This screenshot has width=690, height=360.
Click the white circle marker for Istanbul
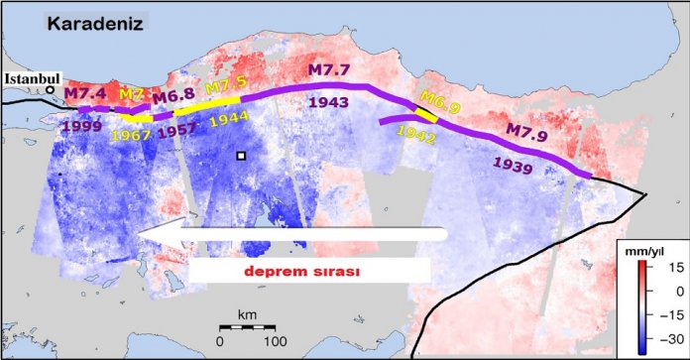pyautogui.click(x=50, y=90)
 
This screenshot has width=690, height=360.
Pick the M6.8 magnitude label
pyautogui.click(x=172, y=96)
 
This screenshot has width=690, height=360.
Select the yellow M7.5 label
pyautogui.click(x=225, y=86)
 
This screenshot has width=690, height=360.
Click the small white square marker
pyautogui.click(x=240, y=156)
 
